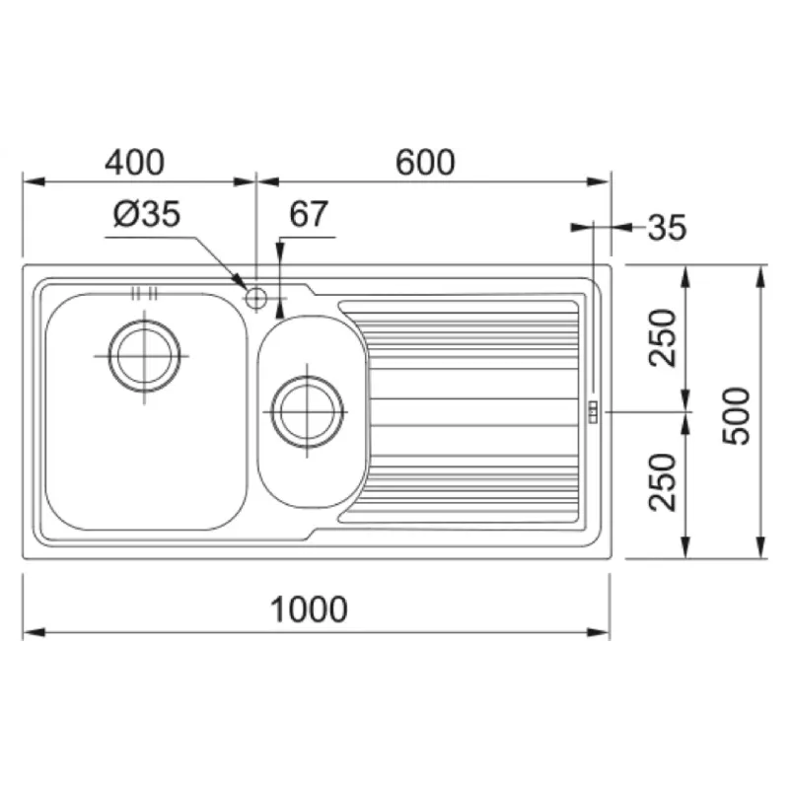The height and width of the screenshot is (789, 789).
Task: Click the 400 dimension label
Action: click(x=134, y=162)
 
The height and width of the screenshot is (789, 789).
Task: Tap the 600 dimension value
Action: click(x=425, y=162)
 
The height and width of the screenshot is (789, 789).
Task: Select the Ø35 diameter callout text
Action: click(x=147, y=214)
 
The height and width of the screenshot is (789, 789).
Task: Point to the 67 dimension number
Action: click(x=309, y=214)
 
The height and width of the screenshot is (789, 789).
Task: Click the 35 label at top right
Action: click(x=667, y=227)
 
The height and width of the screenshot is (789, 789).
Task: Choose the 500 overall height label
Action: click(x=736, y=415)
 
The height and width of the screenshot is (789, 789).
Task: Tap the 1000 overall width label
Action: click(x=309, y=610)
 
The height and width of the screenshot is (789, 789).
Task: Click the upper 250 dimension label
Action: click(x=662, y=337)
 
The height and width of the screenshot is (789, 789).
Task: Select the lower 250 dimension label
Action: click(x=662, y=482)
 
